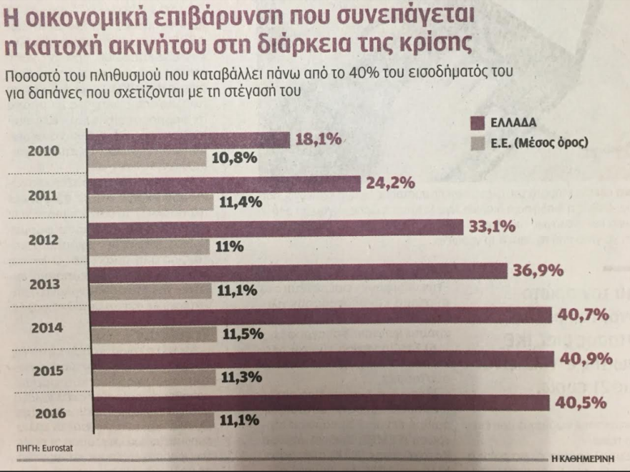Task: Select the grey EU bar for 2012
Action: (150, 247)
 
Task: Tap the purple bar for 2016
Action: (322, 403)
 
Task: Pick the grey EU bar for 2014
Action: (153, 333)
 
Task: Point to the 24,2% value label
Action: (390, 184)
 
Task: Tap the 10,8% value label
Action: (234, 159)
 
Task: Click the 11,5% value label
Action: (243, 333)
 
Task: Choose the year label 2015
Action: (48, 371)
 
